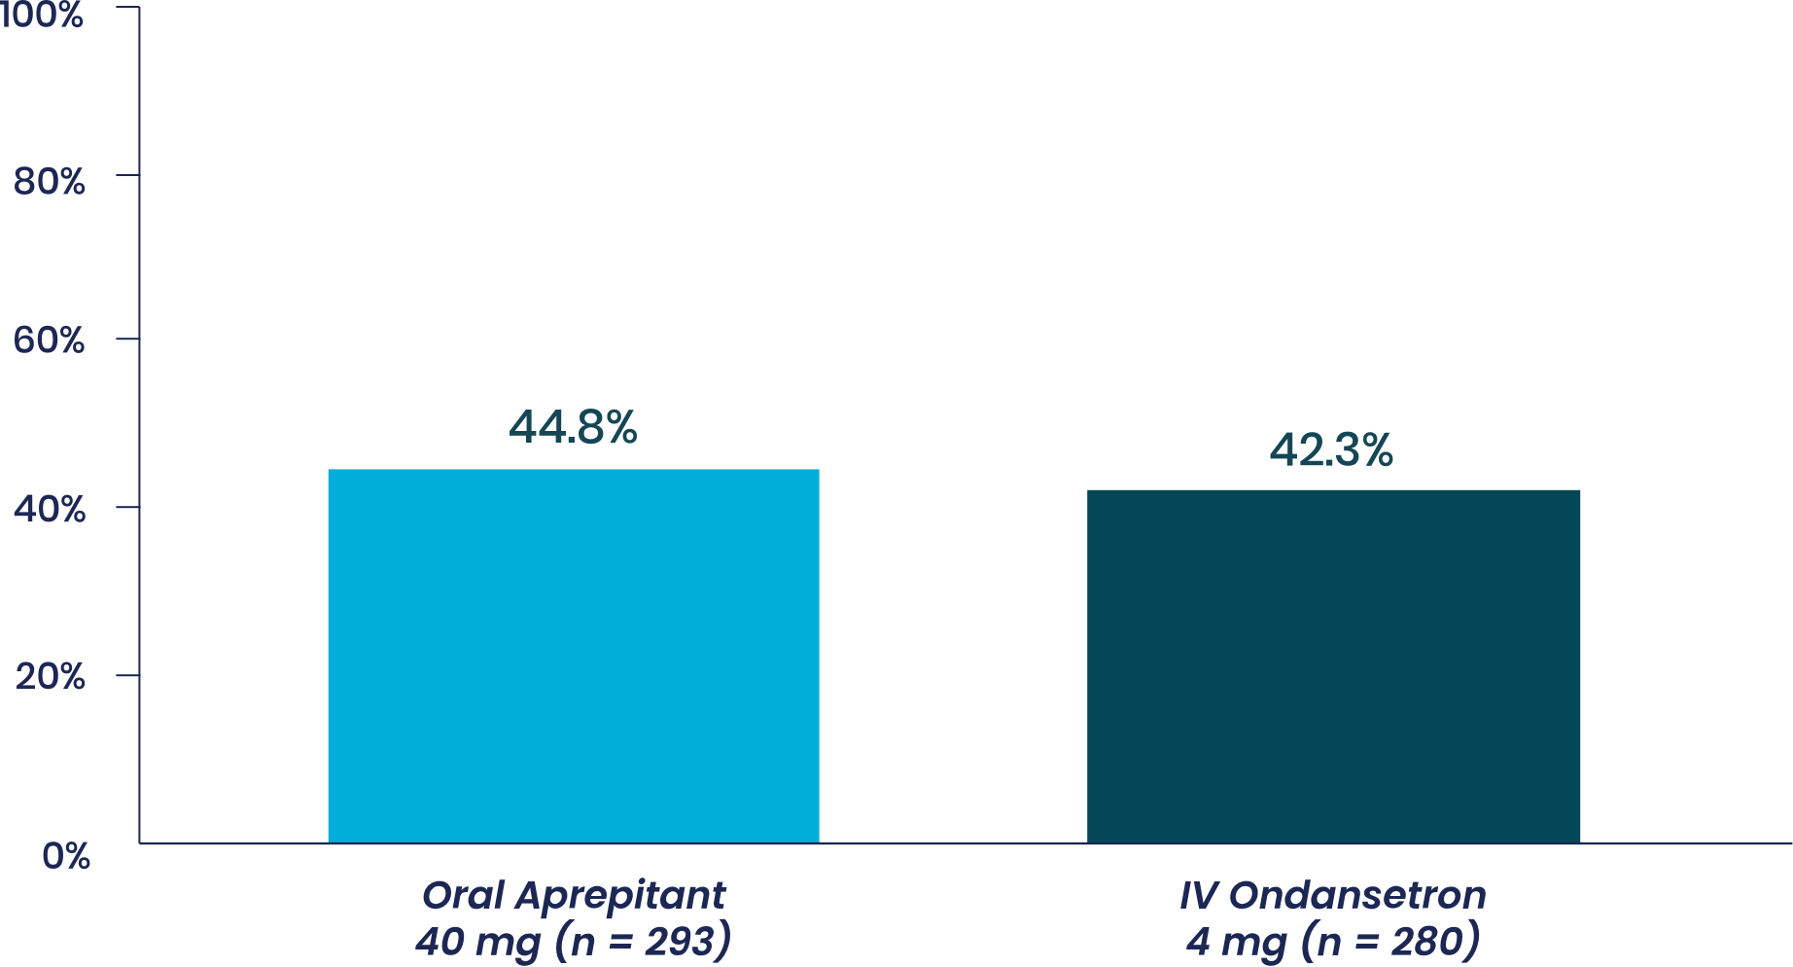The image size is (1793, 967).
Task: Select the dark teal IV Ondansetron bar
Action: click(x=1333, y=665)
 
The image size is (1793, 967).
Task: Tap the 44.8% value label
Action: click(x=573, y=427)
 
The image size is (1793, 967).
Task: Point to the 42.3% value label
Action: click(x=1331, y=450)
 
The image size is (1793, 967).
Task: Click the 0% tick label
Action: click(x=66, y=856)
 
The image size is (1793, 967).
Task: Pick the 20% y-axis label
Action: click(x=50, y=676)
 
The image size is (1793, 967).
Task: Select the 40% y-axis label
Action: click(x=50, y=509)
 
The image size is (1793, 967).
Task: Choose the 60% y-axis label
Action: click(x=50, y=340)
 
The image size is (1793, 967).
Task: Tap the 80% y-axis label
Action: click(x=50, y=181)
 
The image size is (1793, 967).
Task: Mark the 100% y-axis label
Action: click(x=42, y=15)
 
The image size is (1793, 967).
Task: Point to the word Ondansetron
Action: click(x=1357, y=895)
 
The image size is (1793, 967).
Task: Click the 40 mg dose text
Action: click(x=477, y=943)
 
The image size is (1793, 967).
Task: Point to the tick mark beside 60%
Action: click(x=127, y=339)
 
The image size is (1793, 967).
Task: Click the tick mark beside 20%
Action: click(x=127, y=675)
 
